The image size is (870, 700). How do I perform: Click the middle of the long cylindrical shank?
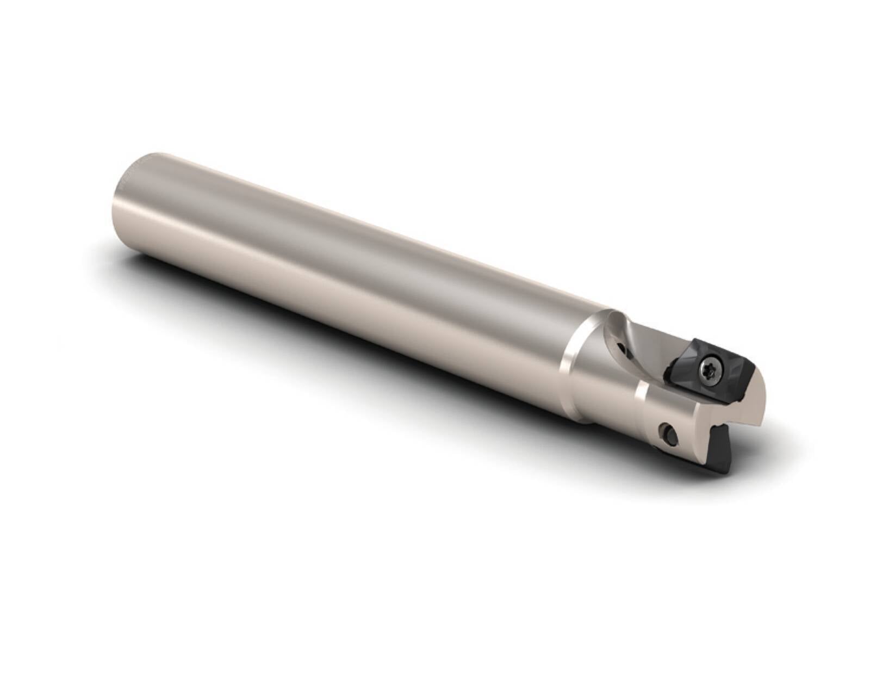coord(353,272)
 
